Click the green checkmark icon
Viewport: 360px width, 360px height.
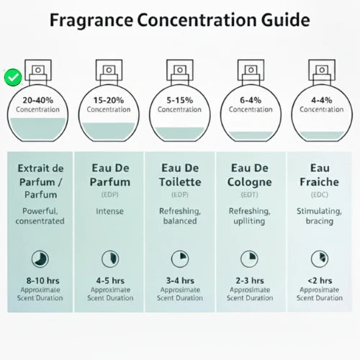coord(12,76)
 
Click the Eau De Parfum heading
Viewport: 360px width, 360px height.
coord(109,176)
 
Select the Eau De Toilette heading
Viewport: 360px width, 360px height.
coord(180,176)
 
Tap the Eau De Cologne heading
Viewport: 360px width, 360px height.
coord(251,176)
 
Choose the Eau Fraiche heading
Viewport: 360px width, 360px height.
coord(321,176)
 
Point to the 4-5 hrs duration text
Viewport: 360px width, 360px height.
coord(109,281)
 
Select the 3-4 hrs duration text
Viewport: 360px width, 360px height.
coord(180,281)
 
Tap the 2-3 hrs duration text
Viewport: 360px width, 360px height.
coord(251,281)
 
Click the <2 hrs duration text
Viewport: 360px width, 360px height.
coord(321,281)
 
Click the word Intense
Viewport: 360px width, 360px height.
coord(109,211)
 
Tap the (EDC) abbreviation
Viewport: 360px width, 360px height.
coord(321,195)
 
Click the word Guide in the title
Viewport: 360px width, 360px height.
coord(274,20)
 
